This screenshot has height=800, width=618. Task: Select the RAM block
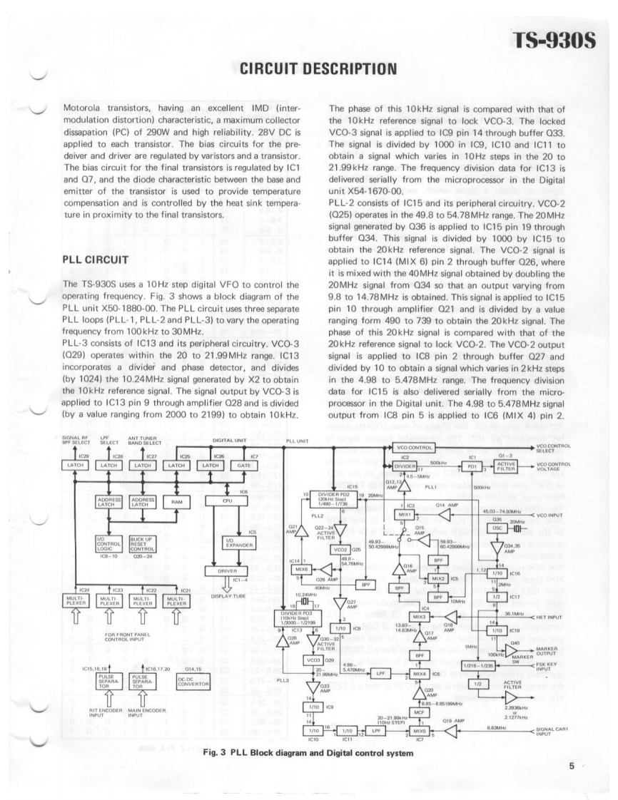[x=178, y=502]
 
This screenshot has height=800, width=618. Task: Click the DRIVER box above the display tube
[x=221, y=570]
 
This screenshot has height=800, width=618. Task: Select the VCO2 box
[x=337, y=550]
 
